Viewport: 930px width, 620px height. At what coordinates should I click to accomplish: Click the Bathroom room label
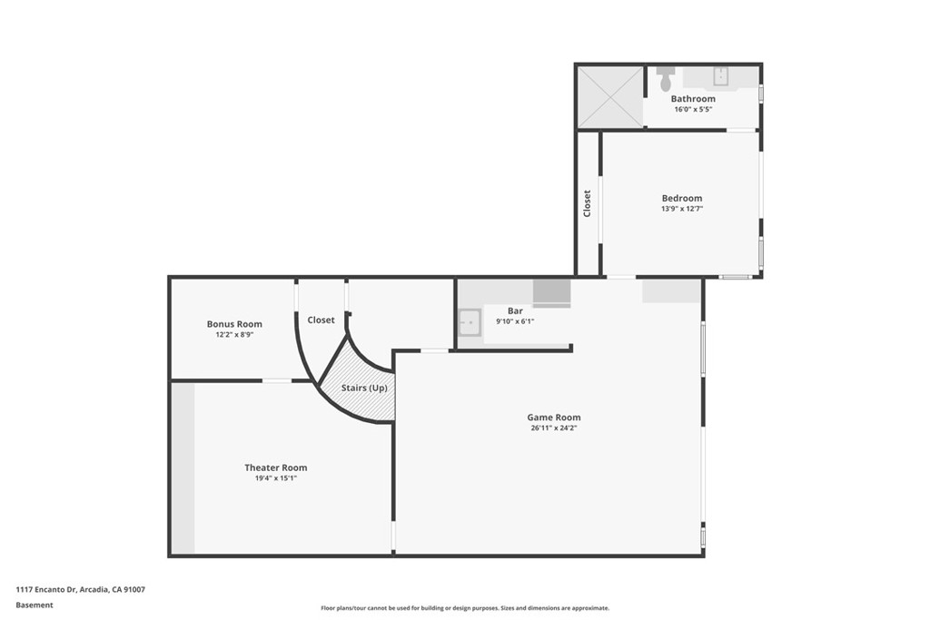(693, 98)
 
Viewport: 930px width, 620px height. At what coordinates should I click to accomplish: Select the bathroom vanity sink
(721, 75)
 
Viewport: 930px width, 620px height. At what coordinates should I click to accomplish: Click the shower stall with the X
(609, 96)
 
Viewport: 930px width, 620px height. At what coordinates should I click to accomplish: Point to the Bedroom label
(681, 198)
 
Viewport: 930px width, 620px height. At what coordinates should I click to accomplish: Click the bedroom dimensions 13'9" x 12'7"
(681, 209)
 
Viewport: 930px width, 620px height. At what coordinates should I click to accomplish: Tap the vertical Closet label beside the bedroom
(588, 202)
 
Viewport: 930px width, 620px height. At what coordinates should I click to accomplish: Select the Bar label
(515, 310)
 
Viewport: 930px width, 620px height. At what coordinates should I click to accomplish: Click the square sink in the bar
(469, 322)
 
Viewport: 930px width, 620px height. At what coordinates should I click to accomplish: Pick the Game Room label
(553, 418)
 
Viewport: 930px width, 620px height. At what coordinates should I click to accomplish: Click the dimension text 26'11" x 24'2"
(553, 428)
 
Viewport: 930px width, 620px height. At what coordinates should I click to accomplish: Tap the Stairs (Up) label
(364, 388)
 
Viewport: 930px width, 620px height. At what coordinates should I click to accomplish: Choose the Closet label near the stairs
(321, 320)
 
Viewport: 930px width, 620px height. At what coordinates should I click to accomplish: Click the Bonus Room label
(234, 324)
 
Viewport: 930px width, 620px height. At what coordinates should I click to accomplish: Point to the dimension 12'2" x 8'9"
(234, 335)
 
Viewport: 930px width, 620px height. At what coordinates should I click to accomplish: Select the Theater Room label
(275, 467)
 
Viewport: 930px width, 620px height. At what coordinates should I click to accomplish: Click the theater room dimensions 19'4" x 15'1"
(275, 478)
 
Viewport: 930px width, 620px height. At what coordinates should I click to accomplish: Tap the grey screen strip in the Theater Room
(183, 467)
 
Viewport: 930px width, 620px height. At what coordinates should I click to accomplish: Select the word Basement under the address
(34, 605)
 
